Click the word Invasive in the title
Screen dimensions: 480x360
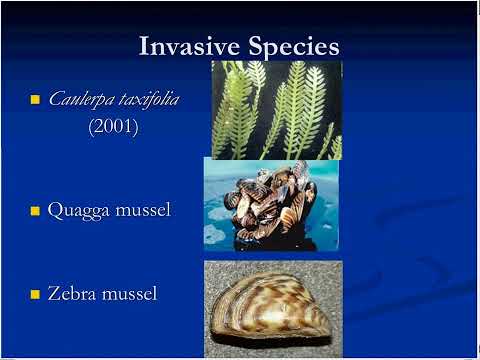189,46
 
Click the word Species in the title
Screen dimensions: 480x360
294,47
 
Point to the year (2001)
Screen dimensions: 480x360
113,126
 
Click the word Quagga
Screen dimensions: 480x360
78,211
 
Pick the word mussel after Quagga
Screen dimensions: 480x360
143,210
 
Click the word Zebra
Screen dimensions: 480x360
71,293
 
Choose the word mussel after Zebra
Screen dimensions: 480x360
129,293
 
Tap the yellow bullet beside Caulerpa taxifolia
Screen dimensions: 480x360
35,99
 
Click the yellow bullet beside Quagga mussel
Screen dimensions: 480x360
35,211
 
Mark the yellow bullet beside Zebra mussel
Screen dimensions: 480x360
35,294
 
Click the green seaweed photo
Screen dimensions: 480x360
277,110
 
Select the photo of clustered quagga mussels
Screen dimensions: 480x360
271,204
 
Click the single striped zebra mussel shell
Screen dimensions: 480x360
271,308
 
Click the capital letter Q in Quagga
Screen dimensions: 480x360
55,211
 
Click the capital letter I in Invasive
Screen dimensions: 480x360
144,46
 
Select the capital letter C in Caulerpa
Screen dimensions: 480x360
55,99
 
